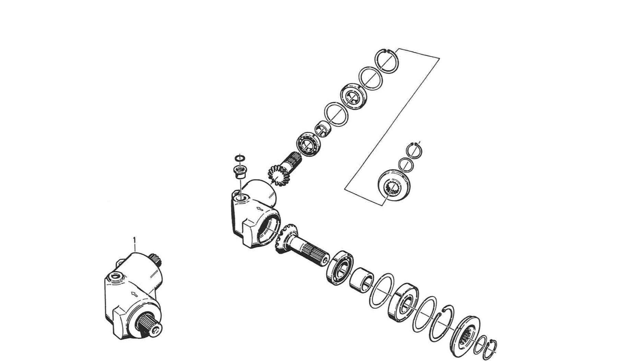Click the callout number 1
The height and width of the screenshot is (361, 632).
(134, 239)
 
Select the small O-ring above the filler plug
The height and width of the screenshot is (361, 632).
(240, 158)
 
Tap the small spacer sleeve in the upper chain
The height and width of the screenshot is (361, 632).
(323, 129)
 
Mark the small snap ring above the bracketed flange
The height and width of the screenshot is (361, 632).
(414, 150)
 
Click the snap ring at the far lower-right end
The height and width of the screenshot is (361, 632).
(492, 350)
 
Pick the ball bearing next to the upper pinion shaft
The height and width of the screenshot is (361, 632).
(308, 144)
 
